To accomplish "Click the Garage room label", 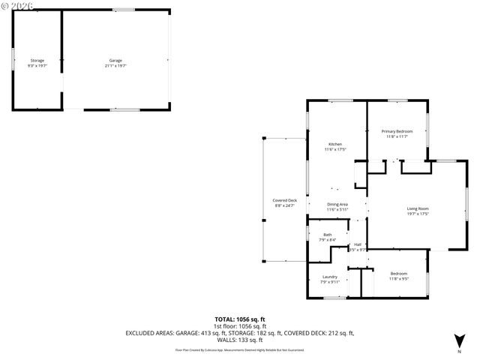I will (x=115, y=60).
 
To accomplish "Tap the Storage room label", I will (x=37, y=60).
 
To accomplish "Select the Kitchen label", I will (x=335, y=144).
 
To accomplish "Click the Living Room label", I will (x=397, y=208).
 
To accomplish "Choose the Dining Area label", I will (x=337, y=205).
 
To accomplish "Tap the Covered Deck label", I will (x=284, y=200).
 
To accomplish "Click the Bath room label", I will (x=328, y=235).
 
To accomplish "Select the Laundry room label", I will (x=329, y=277).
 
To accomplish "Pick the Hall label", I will (x=358, y=244).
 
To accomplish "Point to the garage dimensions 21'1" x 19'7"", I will (x=115, y=65).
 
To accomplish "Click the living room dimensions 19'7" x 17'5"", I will (x=397, y=214).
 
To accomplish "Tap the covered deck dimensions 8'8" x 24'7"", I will (x=284, y=205).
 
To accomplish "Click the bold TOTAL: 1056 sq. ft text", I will (x=240, y=319).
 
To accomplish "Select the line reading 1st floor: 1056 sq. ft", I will (x=240, y=325).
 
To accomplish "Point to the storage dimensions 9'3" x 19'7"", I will (x=37, y=65).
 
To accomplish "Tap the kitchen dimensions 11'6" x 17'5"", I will (x=335, y=149).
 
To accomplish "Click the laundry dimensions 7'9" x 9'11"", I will (x=329, y=282).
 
